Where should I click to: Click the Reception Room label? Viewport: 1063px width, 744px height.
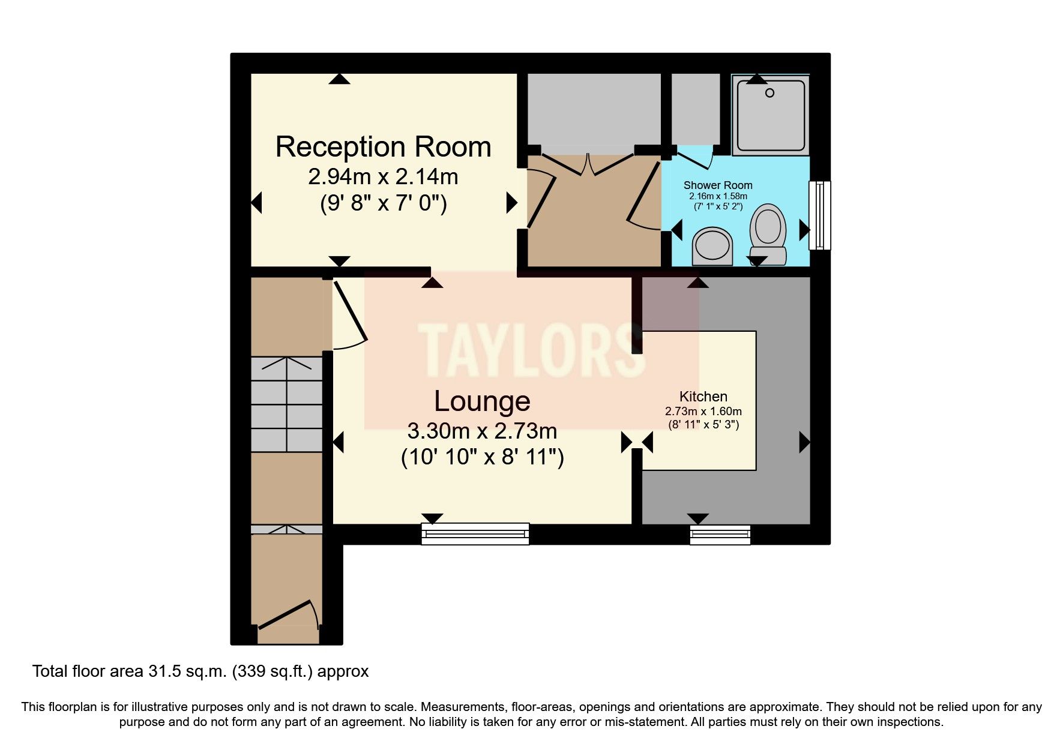click(383, 147)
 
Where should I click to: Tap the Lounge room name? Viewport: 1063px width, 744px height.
click(482, 401)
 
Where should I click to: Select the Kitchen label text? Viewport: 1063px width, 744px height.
click(703, 397)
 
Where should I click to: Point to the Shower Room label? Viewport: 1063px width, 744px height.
click(717, 185)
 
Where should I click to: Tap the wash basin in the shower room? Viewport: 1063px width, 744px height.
click(712, 245)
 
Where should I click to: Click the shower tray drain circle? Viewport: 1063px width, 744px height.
click(769, 93)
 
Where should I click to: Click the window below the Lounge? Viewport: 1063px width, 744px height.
click(475, 533)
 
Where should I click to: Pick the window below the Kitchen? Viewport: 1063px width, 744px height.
click(720, 534)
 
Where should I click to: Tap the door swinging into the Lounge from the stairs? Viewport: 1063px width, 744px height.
click(350, 312)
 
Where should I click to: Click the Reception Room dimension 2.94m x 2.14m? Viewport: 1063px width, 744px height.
click(383, 177)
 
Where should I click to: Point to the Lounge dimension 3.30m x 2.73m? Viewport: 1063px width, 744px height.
click(482, 431)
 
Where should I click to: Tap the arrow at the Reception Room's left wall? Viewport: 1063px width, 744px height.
click(256, 203)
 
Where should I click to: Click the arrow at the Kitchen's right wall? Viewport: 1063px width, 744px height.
click(804, 442)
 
